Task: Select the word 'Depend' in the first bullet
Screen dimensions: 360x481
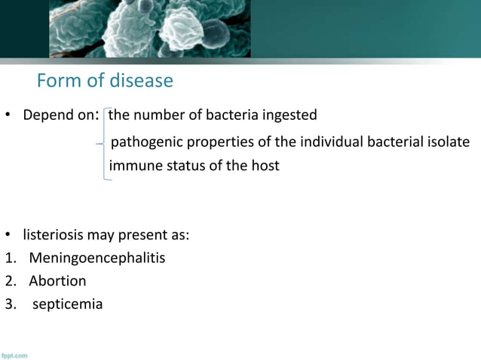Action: pyautogui.click(x=45, y=116)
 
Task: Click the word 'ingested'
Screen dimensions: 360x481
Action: pyautogui.click(x=290, y=115)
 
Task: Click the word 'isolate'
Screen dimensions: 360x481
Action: pyautogui.click(x=448, y=142)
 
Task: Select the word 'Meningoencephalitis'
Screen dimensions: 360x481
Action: pyautogui.click(x=97, y=258)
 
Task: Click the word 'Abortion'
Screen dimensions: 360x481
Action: pyautogui.click(x=57, y=281)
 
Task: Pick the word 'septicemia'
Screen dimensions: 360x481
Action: pyautogui.click(x=67, y=304)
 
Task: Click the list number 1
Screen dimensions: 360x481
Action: pyautogui.click(x=8, y=258)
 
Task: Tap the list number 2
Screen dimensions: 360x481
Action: pyautogui.click(x=8, y=281)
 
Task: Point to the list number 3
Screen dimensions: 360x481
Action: pyautogui.click(x=8, y=304)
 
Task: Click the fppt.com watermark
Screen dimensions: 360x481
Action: pyautogui.click(x=14, y=355)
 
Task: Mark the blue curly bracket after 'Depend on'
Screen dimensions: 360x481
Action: pyautogui.click(x=104, y=143)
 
